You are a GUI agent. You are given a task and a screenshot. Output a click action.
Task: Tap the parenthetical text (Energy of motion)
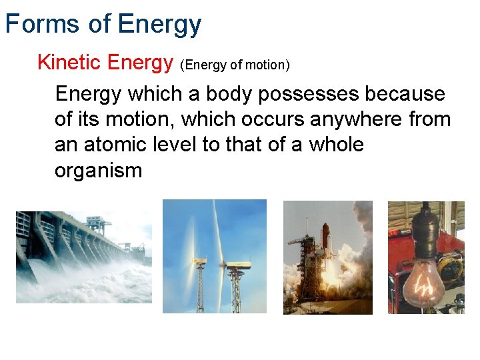click(235, 65)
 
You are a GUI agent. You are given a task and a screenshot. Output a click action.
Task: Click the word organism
click(98, 171)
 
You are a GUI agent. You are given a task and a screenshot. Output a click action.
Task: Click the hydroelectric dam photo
click(84, 257)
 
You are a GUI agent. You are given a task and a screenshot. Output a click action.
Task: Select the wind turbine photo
click(214, 256)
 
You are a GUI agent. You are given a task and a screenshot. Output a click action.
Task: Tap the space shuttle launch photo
click(327, 257)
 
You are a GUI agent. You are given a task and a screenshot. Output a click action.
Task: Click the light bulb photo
click(426, 257)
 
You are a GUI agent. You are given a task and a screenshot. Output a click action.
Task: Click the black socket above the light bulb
click(423, 219)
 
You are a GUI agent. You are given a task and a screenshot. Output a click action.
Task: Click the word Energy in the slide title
click(159, 24)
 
